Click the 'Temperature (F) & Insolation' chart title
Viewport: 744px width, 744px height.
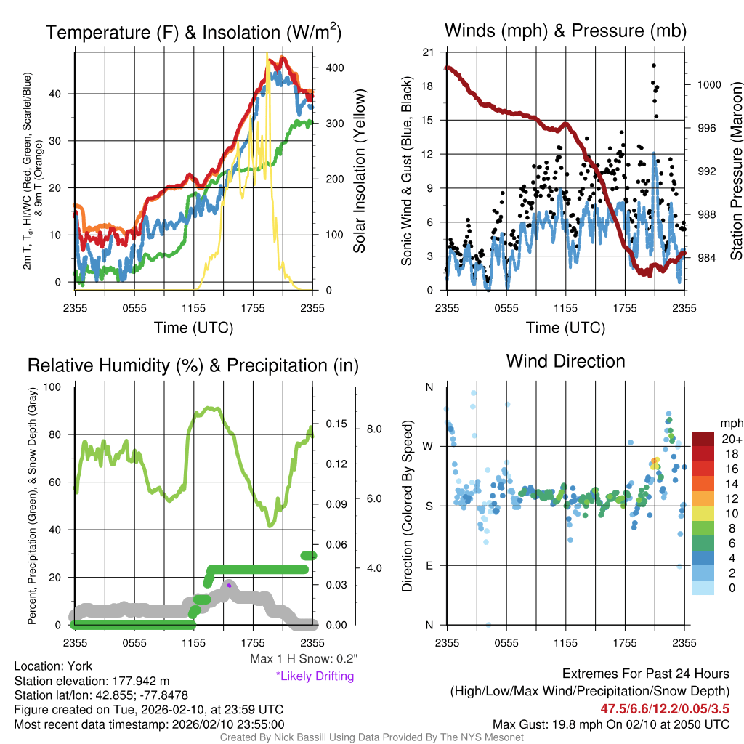tap(193, 32)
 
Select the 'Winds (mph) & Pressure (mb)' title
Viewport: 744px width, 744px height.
tap(565, 31)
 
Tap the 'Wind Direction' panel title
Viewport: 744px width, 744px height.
tap(565, 361)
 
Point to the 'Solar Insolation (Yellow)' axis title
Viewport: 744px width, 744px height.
tap(359, 171)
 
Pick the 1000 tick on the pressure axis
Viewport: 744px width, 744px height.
tap(708, 84)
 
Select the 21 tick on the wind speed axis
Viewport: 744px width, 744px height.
tap(429, 52)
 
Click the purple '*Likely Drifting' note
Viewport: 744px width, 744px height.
tap(315, 676)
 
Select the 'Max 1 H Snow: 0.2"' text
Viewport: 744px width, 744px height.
tap(303, 659)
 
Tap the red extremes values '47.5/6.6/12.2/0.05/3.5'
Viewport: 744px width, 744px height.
tap(665, 708)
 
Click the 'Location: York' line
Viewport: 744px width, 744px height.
tap(53, 666)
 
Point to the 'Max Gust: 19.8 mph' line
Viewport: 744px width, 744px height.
tap(610, 724)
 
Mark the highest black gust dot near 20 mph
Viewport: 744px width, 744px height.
tap(654, 66)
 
